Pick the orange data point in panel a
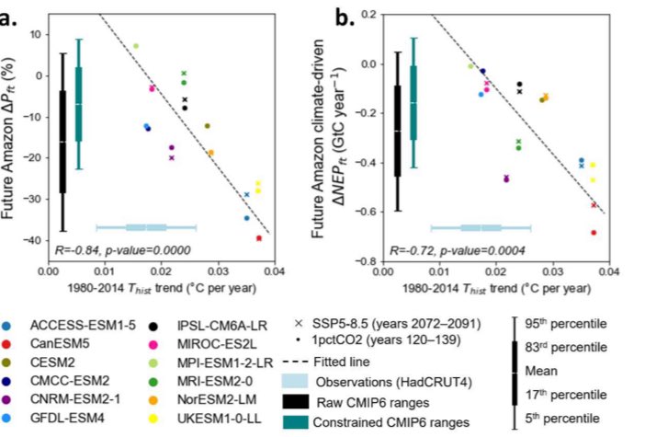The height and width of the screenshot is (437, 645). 210,153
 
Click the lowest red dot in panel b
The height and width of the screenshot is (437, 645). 594,233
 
